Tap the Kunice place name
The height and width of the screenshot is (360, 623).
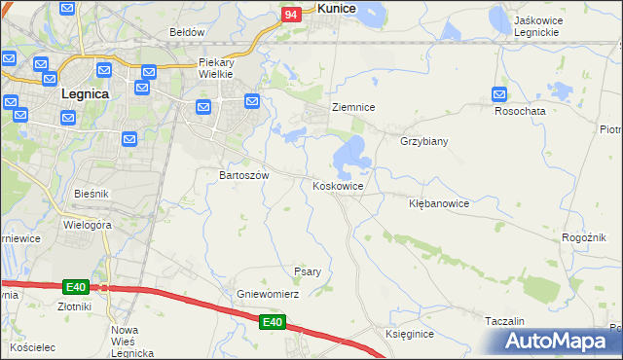[x=336, y=8]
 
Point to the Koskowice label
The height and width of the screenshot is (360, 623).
[x=338, y=186]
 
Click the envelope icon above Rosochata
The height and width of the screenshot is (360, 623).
[x=499, y=94]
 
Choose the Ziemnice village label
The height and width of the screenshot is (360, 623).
[x=353, y=107]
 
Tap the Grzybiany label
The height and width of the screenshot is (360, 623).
[x=423, y=141]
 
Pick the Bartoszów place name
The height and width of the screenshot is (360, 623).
[x=242, y=175]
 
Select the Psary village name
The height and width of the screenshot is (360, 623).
[x=308, y=271]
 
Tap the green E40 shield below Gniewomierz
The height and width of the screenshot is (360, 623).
[x=273, y=322]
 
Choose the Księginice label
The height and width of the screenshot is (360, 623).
[x=409, y=334]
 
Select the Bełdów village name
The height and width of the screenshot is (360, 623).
[x=187, y=32]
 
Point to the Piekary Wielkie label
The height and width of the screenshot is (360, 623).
[x=219, y=66]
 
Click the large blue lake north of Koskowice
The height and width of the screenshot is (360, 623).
[x=350, y=154]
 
